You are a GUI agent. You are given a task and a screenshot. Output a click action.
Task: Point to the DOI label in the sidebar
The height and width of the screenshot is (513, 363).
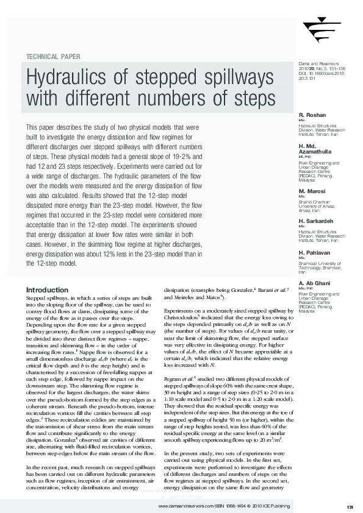coord(302,73)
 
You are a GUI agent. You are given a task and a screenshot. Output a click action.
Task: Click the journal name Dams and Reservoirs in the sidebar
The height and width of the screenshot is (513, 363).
coord(317,63)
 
